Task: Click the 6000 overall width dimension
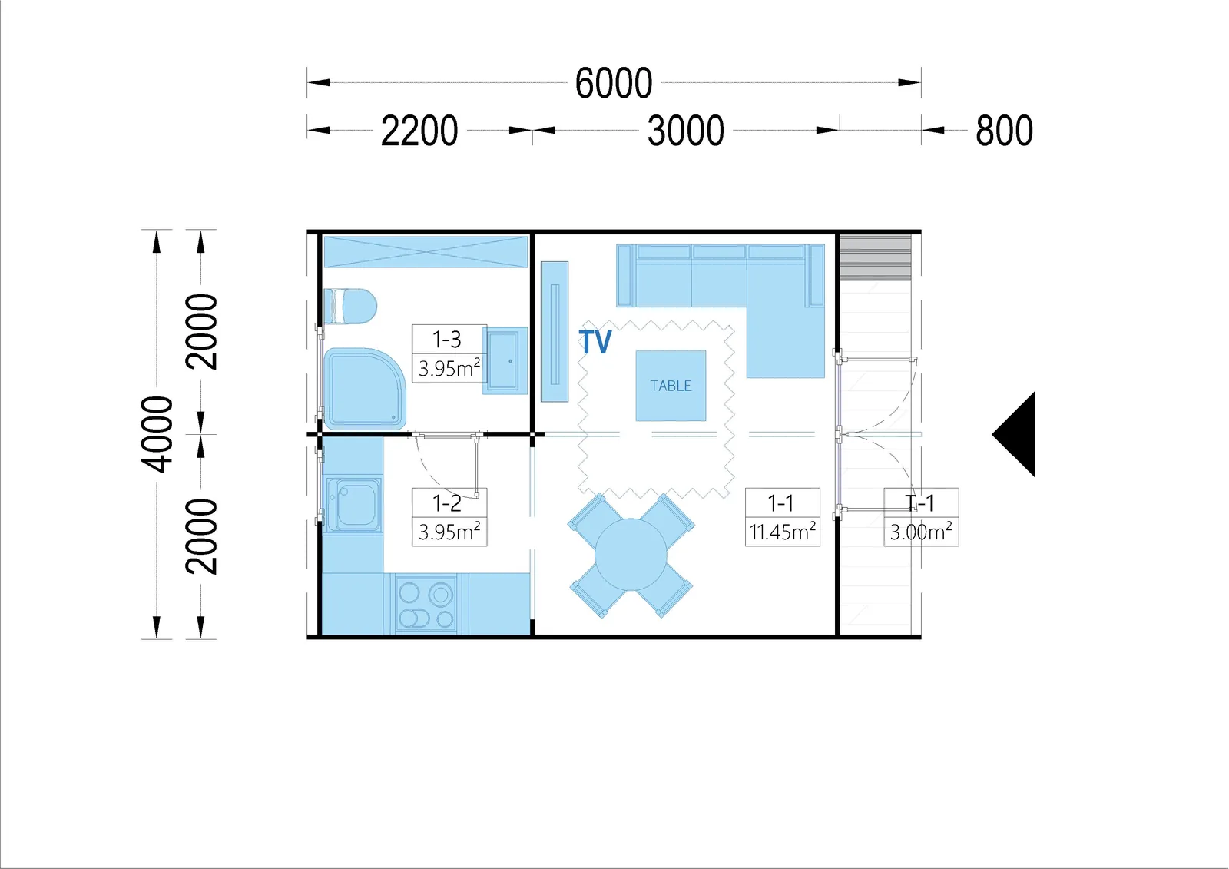[614, 83]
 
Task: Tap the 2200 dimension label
[419, 131]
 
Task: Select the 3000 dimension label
[686, 131]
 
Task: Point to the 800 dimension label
[1004, 131]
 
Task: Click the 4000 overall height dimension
[157, 433]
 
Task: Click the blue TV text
[595, 341]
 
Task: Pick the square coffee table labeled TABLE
[671, 386]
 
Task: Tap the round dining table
[631, 555]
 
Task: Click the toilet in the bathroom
[349, 307]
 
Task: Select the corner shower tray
[364, 388]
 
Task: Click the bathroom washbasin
[505, 360]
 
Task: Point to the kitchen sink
[353, 504]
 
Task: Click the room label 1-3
[446, 340]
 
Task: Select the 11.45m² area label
[783, 532]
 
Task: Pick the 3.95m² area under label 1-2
[449, 532]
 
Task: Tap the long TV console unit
[554, 332]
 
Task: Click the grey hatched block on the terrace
[875, 257]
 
